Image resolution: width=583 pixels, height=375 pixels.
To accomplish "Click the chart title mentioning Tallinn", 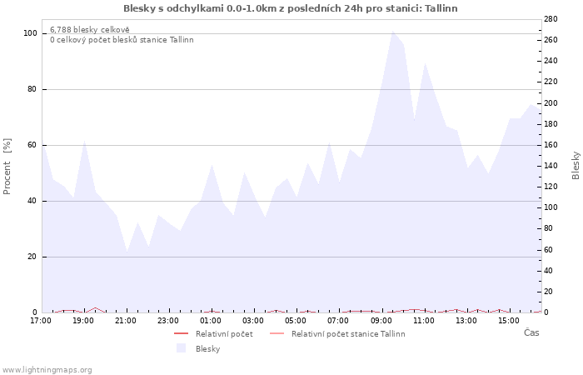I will [x=290, y=8].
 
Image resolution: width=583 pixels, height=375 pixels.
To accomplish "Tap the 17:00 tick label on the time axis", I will [x=40, y=320].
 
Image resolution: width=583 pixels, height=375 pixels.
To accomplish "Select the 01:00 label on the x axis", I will [x=211, y=320].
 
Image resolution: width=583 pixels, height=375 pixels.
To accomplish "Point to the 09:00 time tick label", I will [x=381, y=320].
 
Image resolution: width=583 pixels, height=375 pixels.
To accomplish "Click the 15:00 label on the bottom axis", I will [x=509, y=320].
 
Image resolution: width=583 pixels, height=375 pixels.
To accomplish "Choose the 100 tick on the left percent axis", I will [x=30, y=33].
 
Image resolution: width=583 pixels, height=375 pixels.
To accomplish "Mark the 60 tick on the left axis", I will [x=32, y=145].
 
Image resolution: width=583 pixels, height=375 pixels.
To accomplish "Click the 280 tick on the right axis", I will [x=551, y=18].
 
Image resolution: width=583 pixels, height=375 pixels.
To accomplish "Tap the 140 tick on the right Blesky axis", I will [x=551, y=165].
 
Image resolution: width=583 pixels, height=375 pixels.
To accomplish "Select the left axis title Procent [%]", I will [x=7, y=167].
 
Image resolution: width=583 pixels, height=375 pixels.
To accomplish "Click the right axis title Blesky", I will [x=576, y=165].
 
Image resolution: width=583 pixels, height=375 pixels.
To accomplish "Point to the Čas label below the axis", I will [x=531, y=332].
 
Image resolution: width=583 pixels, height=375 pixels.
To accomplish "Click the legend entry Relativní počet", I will [x=223, y=334].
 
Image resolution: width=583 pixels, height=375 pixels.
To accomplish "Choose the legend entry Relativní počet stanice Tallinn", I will [x=347, y=334].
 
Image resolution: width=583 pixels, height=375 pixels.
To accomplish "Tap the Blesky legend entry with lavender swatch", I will [x=207, y=348].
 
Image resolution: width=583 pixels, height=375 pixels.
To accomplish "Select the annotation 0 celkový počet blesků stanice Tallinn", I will [x=122, y=40].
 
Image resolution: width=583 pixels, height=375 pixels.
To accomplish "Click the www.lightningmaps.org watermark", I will [x=47, y=369].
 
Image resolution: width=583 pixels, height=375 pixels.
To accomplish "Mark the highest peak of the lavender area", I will [x=392, y=32].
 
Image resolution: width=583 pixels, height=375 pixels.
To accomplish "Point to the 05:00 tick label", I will [x=296, y=320].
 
